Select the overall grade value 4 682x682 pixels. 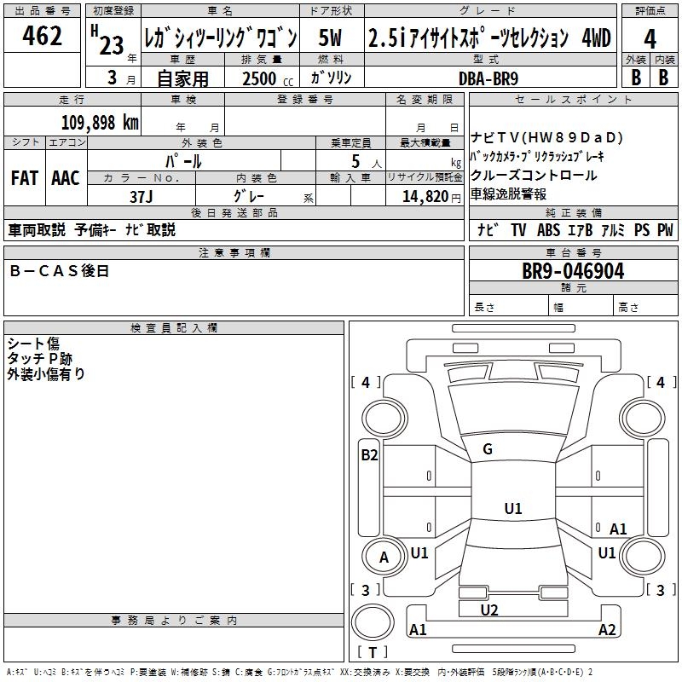pyautogui.click(x=650, y=38)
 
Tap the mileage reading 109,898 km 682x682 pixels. pyautogui.click(x=101, y=123)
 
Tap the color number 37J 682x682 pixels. pyautogui.click(x=141, y=196)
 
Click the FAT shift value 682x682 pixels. pyautogui.click(x=24, y=178)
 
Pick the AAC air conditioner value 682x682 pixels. pyautogui.click(x=66, y=178)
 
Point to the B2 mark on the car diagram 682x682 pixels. pyautogui.click(x=369, y=455)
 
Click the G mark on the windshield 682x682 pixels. pyautogui.click(x=488, y=449)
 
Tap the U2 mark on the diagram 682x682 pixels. pyautogui.click(x=488, y=610)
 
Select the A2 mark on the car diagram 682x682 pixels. pyautogui.click(x=607, y=630)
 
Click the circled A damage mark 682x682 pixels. pyautogui.click(x=384, y=558)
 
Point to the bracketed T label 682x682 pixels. pyautogui.click(x=373, y=653)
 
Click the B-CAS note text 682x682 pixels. pyautogui.click(x=60, y=271)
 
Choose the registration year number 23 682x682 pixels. pyautogui.click(x=112, y=46)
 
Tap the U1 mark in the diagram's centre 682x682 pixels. pyautogui.click(x=512, y=509)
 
